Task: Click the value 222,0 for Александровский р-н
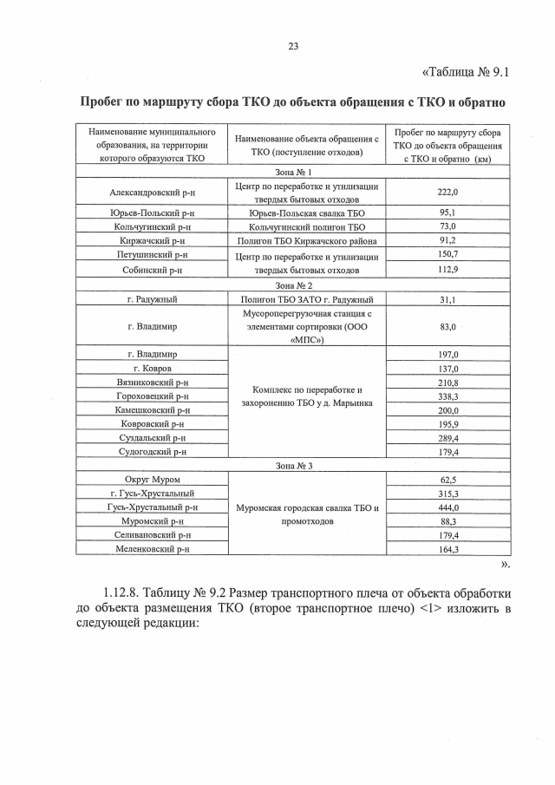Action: (x=448, y=192)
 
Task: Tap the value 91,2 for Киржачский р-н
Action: (x=448, y=240)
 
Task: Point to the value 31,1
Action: (x=448, y=299)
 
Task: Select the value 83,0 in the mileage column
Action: (x=448, y=326)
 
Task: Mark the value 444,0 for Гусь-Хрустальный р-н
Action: (x=448, y=507)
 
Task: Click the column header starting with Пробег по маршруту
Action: (x=448, y=146)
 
